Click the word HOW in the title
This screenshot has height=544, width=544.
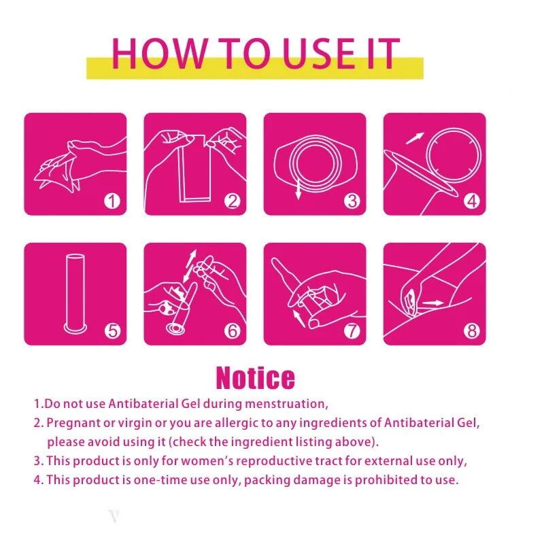(159, 53)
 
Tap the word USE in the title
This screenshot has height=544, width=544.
(319, 53)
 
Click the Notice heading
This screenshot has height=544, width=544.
(256, 377)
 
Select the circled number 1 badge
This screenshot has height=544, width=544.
(112, 201)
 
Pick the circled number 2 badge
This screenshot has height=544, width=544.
(232, 201)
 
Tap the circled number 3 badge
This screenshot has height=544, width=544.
(352, 201)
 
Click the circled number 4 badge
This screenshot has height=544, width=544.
(472, 201)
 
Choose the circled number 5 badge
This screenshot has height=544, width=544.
(112, 330)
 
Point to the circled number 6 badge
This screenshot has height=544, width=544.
(232, 330)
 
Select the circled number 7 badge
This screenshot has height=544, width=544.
(352, 330)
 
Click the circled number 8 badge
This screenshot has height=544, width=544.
(472, 330)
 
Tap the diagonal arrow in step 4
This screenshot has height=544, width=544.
(415, 138)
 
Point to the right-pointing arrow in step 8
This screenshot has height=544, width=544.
(433, 303)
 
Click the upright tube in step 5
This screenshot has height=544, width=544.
(75, 293)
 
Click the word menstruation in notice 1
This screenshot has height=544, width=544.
(286, 404)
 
